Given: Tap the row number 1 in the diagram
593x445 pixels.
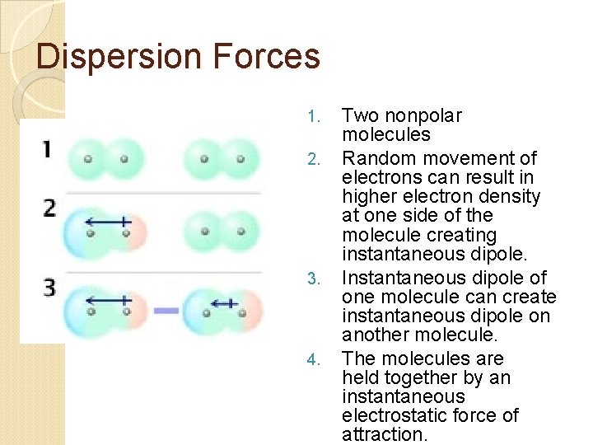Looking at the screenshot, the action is pyautogui.click(x=47, y=150).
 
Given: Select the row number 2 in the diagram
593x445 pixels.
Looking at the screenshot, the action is pyautogui.click(x=49, y=208).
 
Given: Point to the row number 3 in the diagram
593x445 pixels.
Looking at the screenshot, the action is pyautogui.click(x=49, y=288).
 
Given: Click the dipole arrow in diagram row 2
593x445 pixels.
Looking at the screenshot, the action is pyautogui.click(x=107, y=221).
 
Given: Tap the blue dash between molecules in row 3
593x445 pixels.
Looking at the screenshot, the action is pyautogui.click(x=166, y=311).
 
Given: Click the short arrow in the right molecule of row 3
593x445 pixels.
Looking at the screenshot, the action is pyautogui.click(x=223, y=303).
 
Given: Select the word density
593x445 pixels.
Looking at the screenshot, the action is pyautogui.click(x=511, y=196).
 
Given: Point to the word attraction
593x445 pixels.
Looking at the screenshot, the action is pyautogui.click(x=385, y=434).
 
